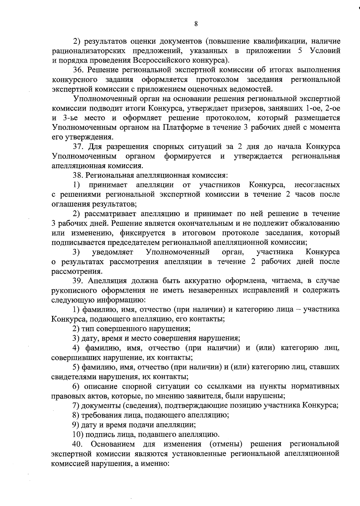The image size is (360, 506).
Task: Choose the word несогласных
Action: pos(317,185)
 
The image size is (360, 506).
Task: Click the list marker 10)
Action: pos(77,434)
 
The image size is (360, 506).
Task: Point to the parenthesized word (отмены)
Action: pos(226,444)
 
